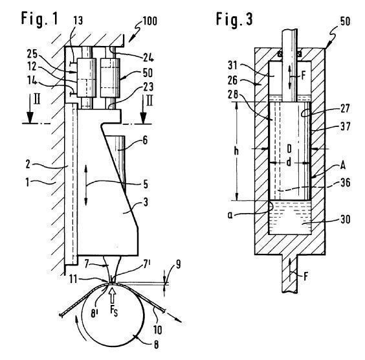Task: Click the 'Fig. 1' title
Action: coord(39,18)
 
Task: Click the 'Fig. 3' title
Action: coord(234,19)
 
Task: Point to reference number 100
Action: coord(149,21)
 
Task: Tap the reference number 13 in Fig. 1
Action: coord(78,21)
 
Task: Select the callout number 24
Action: coord(148,57)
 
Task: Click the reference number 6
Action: coord(145,141)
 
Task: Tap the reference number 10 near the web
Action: coord(158,330)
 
